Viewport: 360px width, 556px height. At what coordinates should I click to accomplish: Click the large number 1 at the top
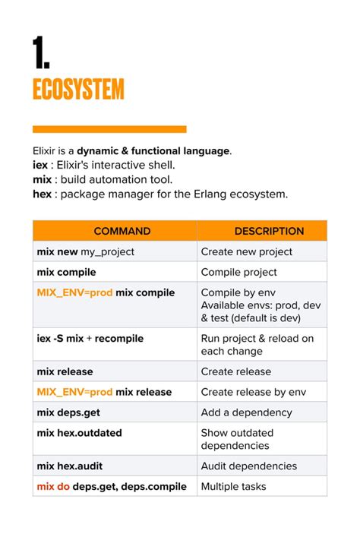[x=41, y=53]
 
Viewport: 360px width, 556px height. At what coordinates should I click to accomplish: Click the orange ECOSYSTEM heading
[x=78, y=90]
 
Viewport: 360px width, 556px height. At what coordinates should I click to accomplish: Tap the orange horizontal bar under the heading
[x=109, y=129]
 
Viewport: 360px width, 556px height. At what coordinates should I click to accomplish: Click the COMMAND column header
[x=115, y=231]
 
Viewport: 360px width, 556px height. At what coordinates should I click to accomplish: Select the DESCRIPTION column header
[x=262, y=231]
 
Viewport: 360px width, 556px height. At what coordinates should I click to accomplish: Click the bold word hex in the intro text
[x=43, y=194]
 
